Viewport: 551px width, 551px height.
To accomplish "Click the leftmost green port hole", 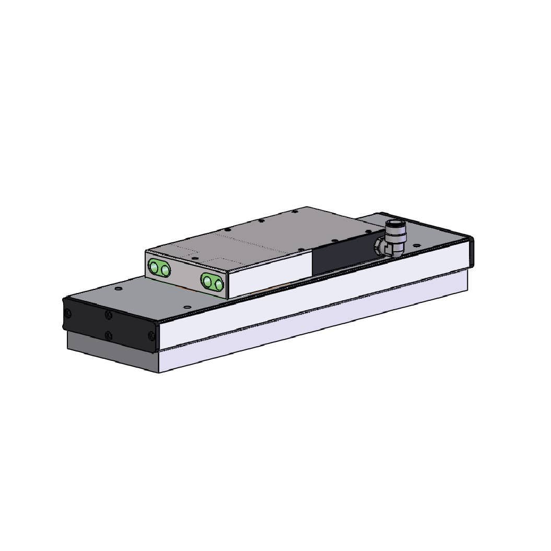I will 154,267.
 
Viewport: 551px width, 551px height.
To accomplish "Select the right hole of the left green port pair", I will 165,270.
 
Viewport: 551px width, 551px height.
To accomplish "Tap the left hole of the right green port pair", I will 208,282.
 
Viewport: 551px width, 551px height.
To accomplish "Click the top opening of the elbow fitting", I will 395,225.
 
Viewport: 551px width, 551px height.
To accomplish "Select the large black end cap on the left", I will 110,324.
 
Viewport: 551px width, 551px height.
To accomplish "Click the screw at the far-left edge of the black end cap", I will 67,313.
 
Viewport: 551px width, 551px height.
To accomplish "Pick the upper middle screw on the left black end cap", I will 108,315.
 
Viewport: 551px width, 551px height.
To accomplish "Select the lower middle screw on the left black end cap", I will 108,335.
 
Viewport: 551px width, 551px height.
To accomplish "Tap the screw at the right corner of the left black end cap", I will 151,336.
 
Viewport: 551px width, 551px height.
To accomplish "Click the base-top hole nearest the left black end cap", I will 119,288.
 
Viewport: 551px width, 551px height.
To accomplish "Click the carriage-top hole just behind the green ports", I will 195,258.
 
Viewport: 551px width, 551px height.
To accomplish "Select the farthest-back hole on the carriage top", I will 295,212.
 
